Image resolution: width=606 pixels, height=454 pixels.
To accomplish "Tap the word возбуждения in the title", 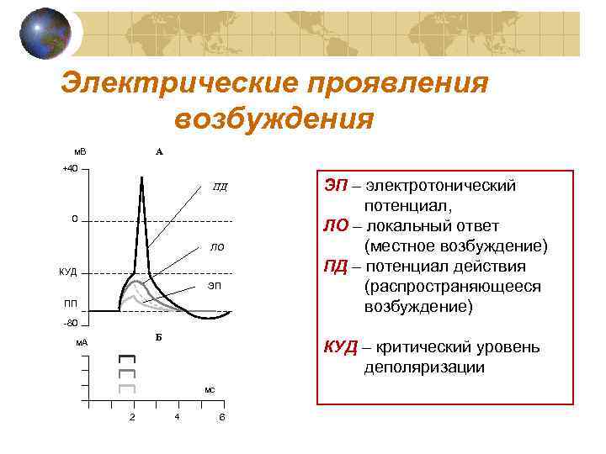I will click(x=274, y=118).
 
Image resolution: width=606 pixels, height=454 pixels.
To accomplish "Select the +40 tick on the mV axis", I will click(x=70, y=169).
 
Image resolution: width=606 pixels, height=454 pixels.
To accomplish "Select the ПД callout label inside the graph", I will click(x=220, y=187).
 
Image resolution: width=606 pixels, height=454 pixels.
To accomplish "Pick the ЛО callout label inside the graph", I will click(x=217, y=248).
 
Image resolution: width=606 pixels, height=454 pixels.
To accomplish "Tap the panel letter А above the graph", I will click(x=159, y=152).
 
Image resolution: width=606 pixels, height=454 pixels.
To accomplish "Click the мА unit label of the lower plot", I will click(x=82, y=342).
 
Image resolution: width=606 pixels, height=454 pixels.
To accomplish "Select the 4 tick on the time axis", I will click(x=176, y=417).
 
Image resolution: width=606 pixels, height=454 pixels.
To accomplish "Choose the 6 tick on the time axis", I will click(x=221, y=418).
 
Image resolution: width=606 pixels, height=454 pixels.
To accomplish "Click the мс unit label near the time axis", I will click(x=210, y=390).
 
